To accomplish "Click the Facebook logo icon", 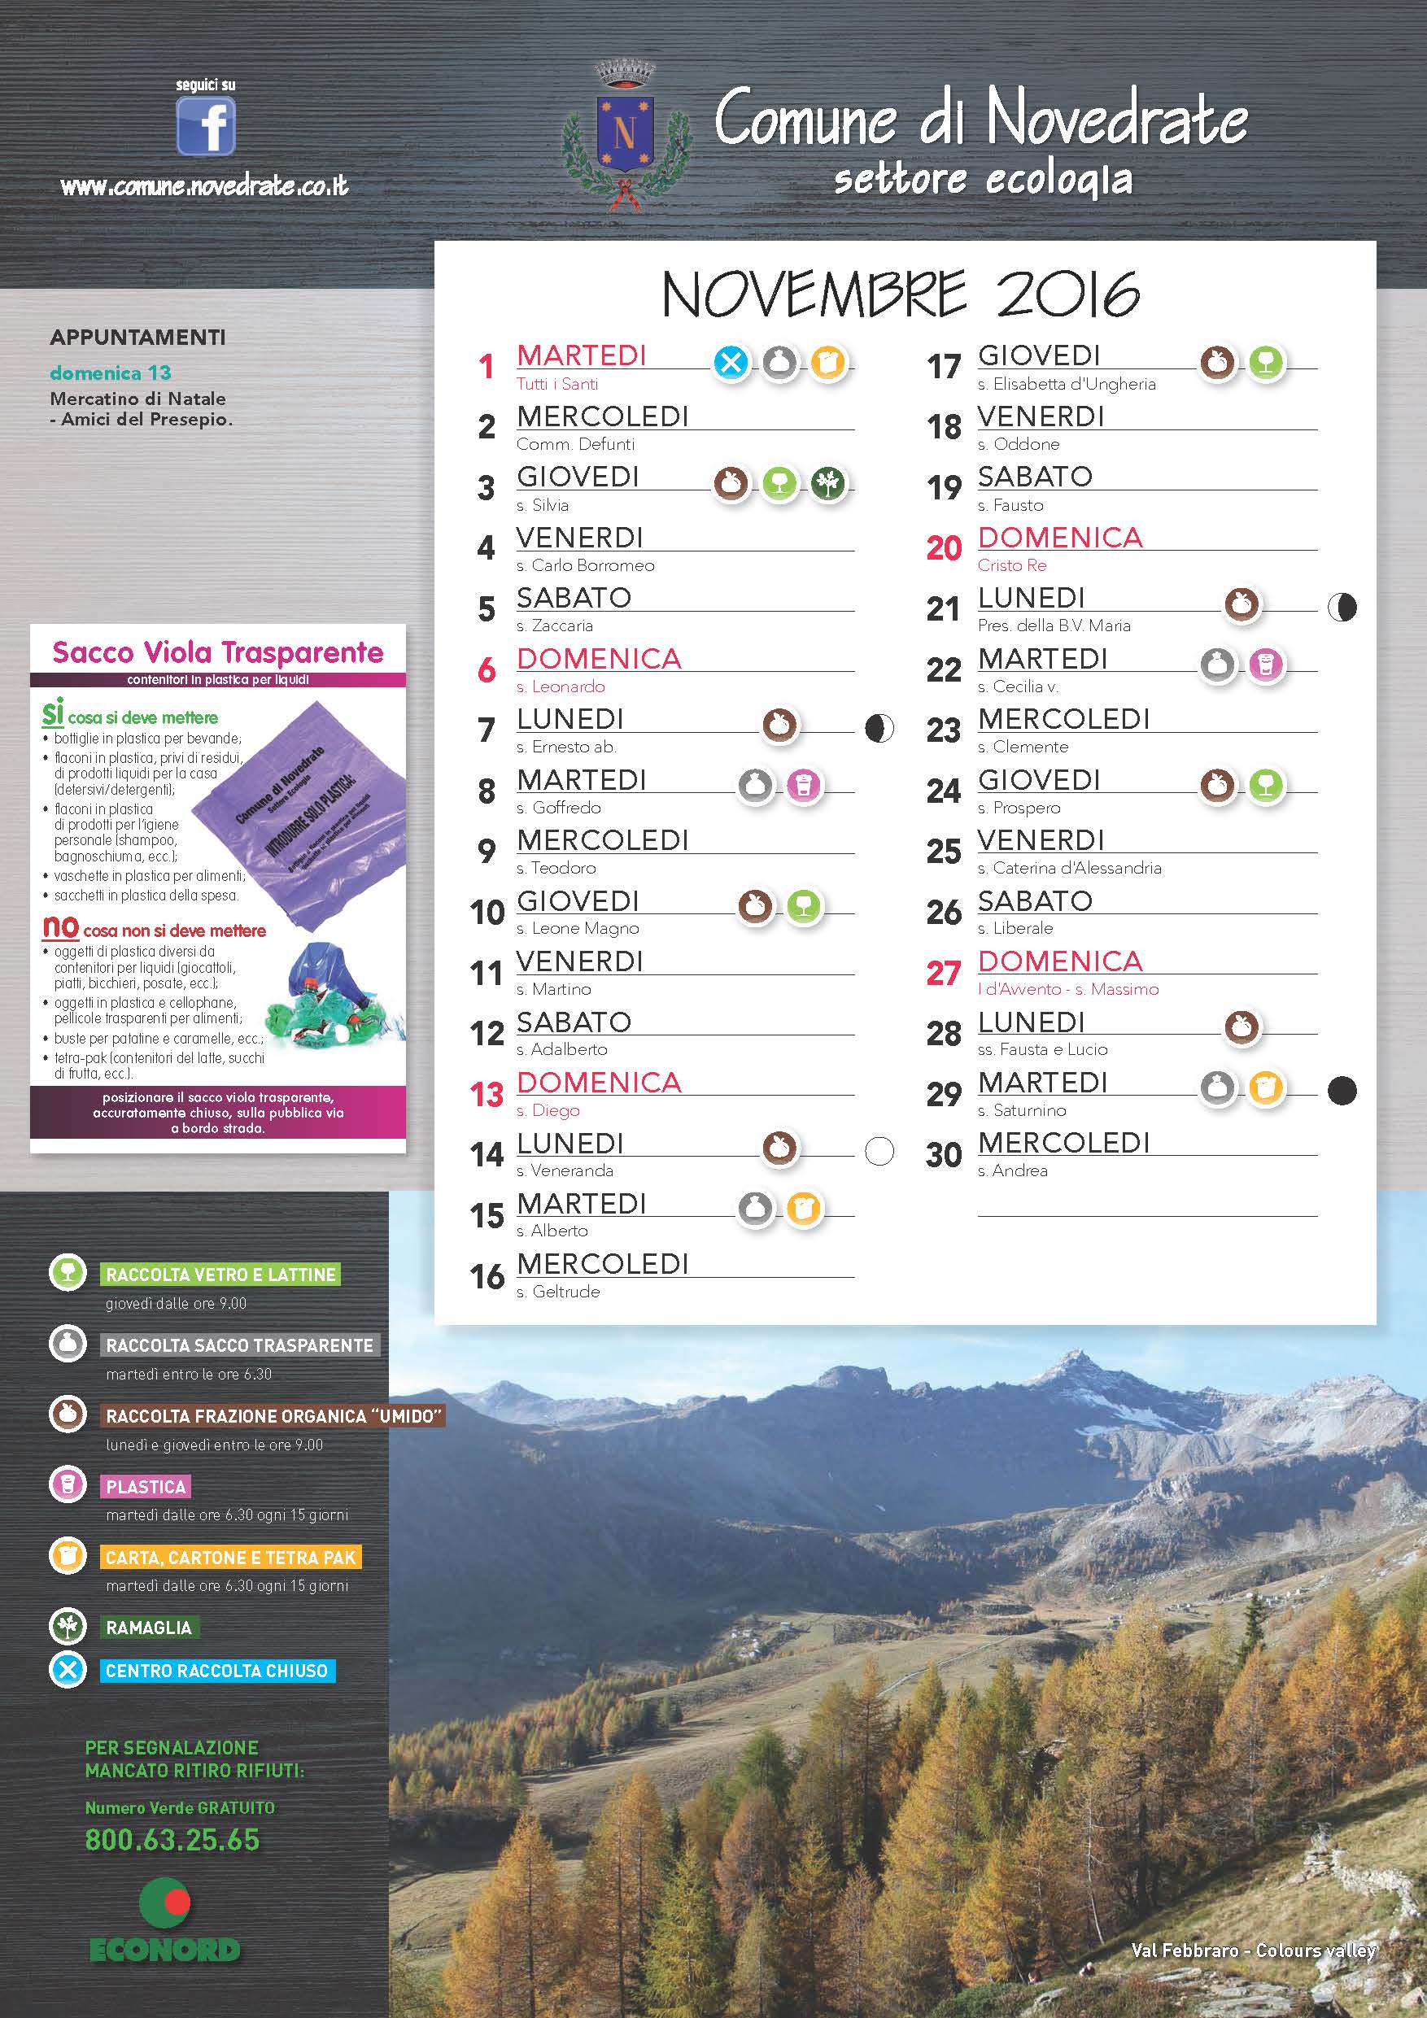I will point(206,126).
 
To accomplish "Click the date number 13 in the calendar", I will point(487,1094).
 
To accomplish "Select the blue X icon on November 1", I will point(731,361).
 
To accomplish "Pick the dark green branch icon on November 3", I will point(827,482).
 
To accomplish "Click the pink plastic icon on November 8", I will point(803,784).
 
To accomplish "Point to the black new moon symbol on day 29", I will point(1341,1091).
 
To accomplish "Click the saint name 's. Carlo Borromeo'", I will point(585,565).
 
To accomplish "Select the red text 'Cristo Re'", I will point(1012,565).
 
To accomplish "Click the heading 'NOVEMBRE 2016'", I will point(901,294).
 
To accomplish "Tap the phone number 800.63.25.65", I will point(172,1840).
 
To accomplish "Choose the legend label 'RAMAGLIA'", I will point(149,1628).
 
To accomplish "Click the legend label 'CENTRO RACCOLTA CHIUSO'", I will point(216,1671).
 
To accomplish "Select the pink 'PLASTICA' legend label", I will point(146,1487).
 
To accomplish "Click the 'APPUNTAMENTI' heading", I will point(138,338).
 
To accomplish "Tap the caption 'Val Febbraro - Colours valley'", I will point(1253,1950).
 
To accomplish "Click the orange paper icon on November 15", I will point(803,1209).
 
